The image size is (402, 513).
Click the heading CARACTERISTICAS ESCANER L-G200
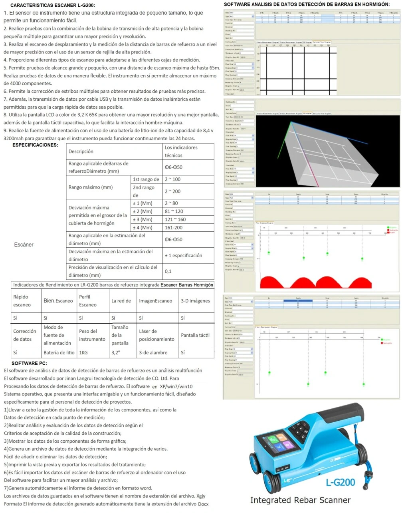[x=52, y=6]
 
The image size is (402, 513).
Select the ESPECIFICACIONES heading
[x=35, y=145]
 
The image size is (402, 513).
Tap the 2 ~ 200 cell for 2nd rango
[x=173, y=191]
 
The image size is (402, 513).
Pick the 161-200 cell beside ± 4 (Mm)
[x=174, y=227]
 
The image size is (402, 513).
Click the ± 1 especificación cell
[x=183, y=255]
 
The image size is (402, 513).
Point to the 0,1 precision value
[x=168, y=271]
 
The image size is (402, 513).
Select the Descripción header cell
[x=81, y=151]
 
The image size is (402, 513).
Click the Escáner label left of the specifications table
[x=24, y=245]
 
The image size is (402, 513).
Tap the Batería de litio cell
[x=59, y=352]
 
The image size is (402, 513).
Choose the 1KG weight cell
[x=83, y=352]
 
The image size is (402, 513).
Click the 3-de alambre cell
[x=153, y=352]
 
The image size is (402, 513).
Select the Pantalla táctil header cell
[x=195, y=335]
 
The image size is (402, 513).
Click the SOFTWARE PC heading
[x=29, y=363]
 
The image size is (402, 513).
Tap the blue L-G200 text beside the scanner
[x=340, y=482]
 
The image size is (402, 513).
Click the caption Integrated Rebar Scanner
[x=300, y=500]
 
